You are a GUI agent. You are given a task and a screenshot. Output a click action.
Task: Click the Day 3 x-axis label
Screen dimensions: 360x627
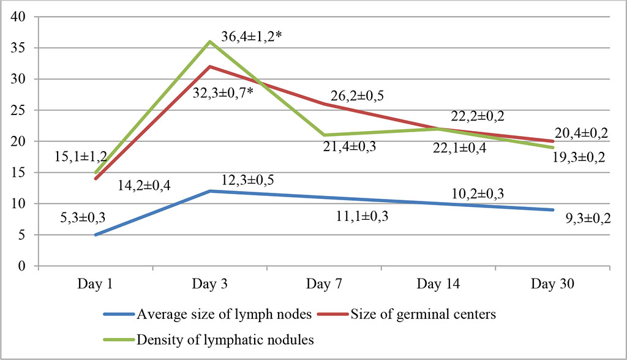click(210, 283)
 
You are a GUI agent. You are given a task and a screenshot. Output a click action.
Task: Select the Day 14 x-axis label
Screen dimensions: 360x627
click(439, 283)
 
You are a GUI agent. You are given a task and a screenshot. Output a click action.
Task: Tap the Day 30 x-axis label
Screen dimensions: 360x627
click(554, 283)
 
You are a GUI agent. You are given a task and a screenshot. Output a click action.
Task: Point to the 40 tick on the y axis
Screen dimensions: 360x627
click(22, 17)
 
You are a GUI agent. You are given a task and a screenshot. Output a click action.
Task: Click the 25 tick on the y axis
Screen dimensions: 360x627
click(22, 111)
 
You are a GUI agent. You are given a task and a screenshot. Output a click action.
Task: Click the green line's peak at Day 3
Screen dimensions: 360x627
click(210, 42)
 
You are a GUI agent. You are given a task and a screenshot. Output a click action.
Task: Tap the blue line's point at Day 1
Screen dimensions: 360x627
click(96, 234)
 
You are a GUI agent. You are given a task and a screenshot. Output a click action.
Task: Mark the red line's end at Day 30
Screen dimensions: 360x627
click(554, 141)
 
